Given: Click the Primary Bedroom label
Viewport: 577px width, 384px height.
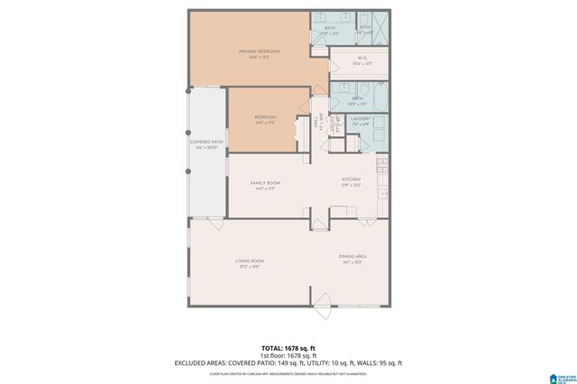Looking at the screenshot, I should tap(260, 51).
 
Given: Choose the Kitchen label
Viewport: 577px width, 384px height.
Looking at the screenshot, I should tap(351, 179).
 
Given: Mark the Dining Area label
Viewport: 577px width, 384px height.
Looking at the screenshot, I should tap(352, 256).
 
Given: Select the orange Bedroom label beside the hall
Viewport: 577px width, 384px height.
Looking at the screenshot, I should tap(264, 117).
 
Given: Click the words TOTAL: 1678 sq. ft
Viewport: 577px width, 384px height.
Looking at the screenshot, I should tap(288, 347).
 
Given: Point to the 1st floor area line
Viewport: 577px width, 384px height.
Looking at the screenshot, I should tap(288, 355).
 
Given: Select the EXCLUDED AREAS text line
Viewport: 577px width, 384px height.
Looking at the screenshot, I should tap(288, 363).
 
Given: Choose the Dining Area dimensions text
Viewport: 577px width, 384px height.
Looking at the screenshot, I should tap(352, 262).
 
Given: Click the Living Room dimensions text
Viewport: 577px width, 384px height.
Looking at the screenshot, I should tap(250, 266).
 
